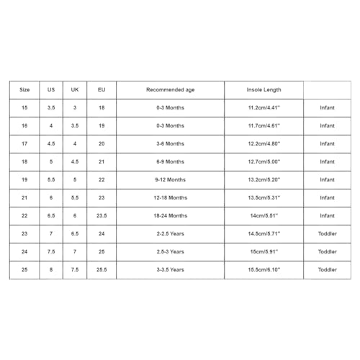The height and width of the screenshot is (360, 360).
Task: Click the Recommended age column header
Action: pyautogui.click(x=170, y=90)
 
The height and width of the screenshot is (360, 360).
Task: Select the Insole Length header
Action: pyautogui.click(x=264, y=90)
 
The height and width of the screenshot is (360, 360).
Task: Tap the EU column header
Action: pyautogui.click(x=101, y=90)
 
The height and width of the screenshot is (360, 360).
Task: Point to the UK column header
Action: pyautogui.click(x=75, y=90)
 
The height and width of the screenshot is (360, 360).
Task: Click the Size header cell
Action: pyautogui.click(x=25, y=90)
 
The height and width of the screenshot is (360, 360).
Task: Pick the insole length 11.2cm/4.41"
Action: pyautogui.click(x=264, y=108)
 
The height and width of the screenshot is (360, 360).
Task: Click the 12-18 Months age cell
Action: pyautogui.click(x=170, y=197)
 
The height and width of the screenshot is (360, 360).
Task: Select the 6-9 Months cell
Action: pyautogui.click(x=170, y=161)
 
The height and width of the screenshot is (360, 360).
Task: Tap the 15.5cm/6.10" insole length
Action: pyautogui.click(x=264, y=269)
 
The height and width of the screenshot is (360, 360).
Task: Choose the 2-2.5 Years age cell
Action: pyautogui.click(x=170, y=233)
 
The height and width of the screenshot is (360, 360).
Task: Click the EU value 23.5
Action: pyautogui.click(x=101, y=215)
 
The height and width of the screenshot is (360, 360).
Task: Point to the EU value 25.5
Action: pyautogui.click(x=101, y=269)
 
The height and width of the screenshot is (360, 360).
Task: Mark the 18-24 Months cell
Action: pyautogui.click(x=170, y=215)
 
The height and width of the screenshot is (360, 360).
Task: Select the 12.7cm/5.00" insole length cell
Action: pyautogui.click(x=264, y=161)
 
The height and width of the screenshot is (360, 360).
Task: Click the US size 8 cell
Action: pyautogui.click(x=50, y=269)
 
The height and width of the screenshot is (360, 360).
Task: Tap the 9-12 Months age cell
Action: pyautogui.click(x=170, y=179)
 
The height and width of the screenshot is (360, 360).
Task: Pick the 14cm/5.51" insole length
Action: pyautogui.click(x=264, y=215)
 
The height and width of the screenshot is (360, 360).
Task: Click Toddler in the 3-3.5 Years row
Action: pyautogui.click(x=327, y=269)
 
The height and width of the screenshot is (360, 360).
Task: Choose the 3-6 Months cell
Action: pyautogui.click(x=170, y=143)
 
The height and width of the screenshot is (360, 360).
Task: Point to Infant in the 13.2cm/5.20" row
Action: pyautogui.click(x=327, y=179)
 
